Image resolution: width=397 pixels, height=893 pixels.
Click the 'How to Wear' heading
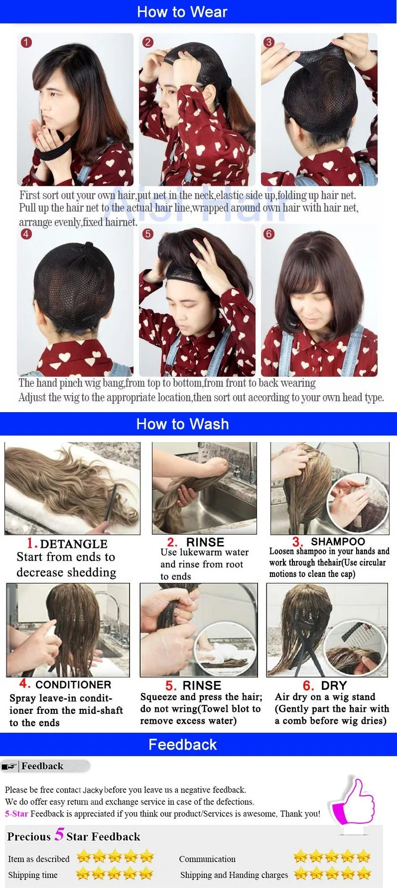[x=182, y=12]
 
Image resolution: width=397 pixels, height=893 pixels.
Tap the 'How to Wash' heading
[x=182, y=424]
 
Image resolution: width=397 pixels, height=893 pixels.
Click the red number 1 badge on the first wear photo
[x=26, y=42]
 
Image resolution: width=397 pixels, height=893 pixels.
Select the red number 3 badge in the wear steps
[x=269, y=42]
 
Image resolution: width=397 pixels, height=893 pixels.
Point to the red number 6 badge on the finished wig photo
[x=269, y=234]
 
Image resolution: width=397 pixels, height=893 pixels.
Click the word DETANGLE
[x=74, y=544]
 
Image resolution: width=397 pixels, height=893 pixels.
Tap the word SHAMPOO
[x=338, y=542]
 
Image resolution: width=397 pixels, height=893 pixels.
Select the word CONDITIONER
[x=73, y=685]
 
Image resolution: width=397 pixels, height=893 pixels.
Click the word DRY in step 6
[x=334, y=685]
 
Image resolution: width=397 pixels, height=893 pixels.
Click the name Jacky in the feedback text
[x=93, y=790]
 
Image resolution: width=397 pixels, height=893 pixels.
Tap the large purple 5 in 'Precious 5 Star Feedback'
[x=59, y=834]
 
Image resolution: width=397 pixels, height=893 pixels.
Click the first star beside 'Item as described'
[x=84, y=857]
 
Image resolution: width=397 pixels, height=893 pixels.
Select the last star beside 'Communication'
[x=364, y=856]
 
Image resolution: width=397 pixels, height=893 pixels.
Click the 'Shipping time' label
[x=33, y=875]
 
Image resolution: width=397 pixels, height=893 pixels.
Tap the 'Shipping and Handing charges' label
[x=234, y=875]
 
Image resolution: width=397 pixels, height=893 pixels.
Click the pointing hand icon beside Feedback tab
[x=9, y=767]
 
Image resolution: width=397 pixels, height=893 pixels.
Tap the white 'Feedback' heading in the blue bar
[x=182, y=745]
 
